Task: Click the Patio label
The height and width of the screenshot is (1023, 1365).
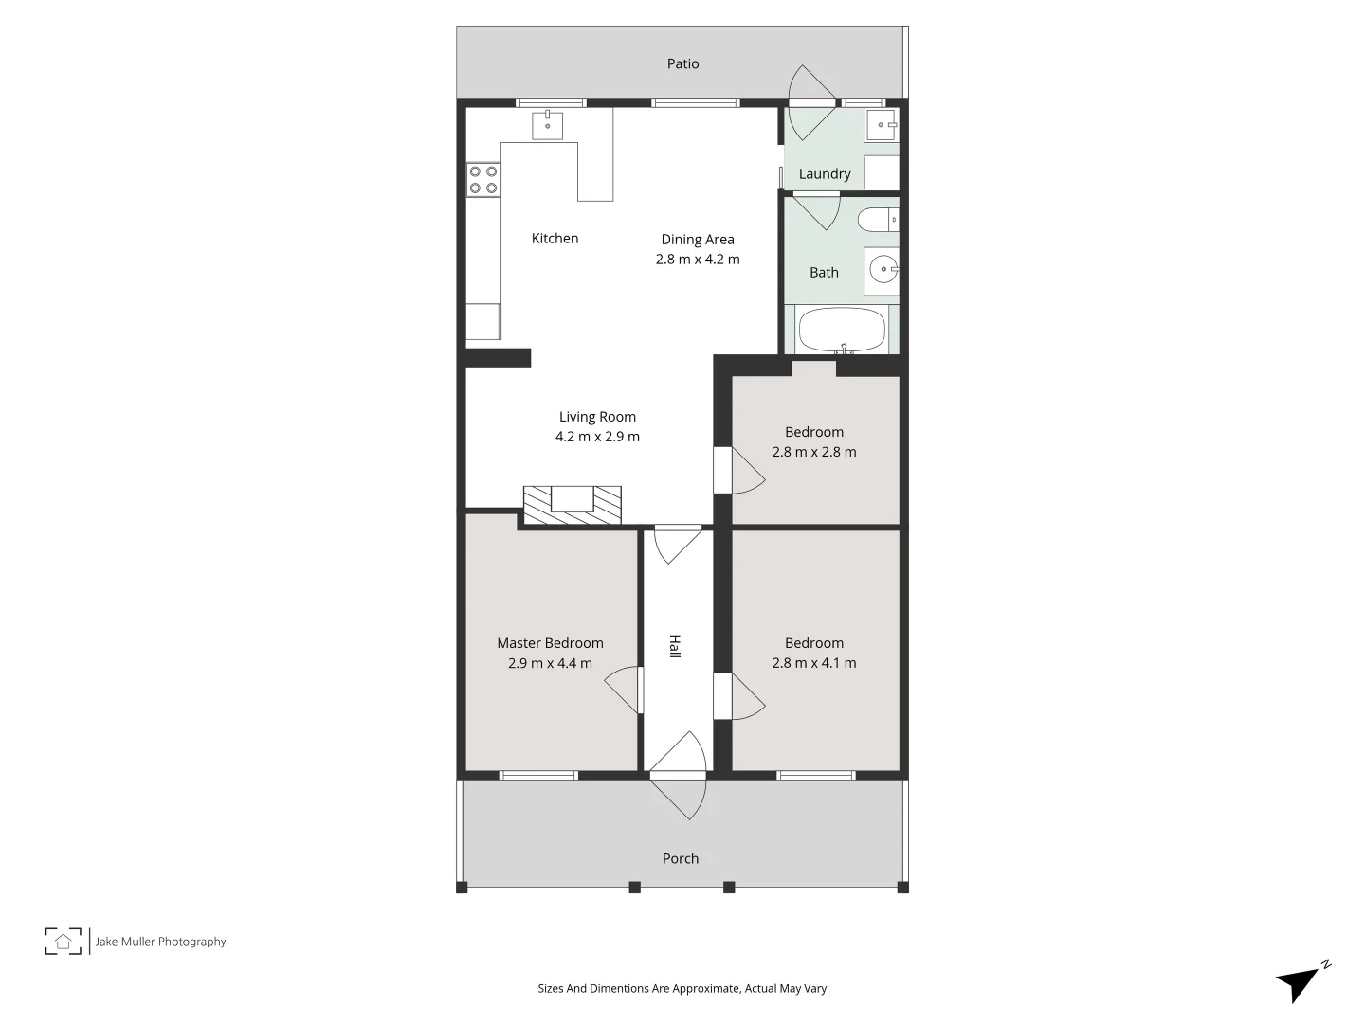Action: pos(682,63)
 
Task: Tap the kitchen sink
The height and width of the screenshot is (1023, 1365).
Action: pos(547,125)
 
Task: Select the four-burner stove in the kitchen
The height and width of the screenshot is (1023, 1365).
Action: pos(483,180)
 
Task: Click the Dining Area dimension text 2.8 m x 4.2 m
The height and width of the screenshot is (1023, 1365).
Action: pos(698,260)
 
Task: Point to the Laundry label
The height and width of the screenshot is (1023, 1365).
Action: pos(824,173)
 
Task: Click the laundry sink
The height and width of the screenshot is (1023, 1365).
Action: pos(882,124)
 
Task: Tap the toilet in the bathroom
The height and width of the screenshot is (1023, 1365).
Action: pos(877,220)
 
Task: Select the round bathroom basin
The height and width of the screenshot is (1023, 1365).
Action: pos(883,270)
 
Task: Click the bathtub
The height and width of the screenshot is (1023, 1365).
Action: pos(842,331)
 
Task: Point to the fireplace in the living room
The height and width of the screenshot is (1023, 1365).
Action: pos(573,504)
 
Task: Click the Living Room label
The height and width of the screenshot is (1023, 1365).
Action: pos(597,417)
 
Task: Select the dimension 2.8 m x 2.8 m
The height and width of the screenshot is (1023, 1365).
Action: pos(813,452)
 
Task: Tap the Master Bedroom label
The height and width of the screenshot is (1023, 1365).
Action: pos(550,643)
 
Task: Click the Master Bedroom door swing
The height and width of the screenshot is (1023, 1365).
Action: pos(622,690)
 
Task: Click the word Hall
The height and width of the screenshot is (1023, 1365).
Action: pos(675,646)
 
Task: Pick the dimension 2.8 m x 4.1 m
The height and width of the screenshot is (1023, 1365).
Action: pos(813,663)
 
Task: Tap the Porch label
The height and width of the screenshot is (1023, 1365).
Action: pos(680,858)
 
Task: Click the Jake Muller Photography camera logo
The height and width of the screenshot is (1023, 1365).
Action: pos(64,941)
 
